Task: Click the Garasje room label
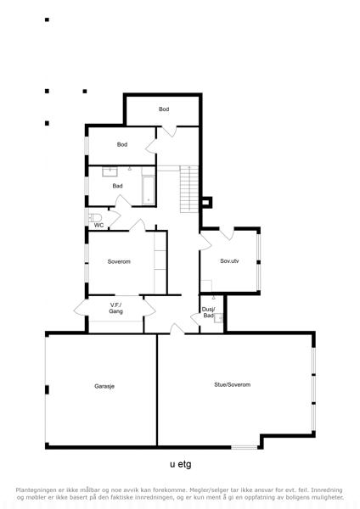coord(104,386)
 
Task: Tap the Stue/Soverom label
coord(232,384)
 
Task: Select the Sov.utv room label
coord(229,260)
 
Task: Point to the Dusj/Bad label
coord(208,312)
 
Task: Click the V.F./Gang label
coord(115,308)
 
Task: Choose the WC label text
coord(98,225)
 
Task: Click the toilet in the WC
coord(95,217)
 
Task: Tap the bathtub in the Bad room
coord(149,190)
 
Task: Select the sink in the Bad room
coord(110,171)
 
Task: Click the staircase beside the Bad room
coord(189,189)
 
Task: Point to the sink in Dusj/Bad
coord(218,318)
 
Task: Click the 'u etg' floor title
coord(181,464)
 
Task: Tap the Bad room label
coord(117,186)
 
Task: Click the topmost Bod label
coord(164,109)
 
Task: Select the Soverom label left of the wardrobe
coord(119,261)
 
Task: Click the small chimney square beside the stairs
coord(206,202)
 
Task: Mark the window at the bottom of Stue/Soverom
coord(245,447)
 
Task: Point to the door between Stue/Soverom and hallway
coord(177,328)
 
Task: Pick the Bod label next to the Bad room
coord(122,144)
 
